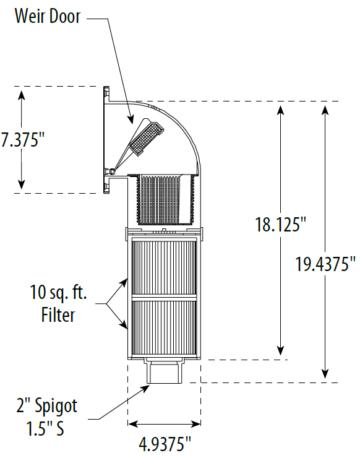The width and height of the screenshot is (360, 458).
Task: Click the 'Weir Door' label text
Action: tap(48, 16)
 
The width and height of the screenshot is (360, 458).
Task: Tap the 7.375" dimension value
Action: tap(22, 140)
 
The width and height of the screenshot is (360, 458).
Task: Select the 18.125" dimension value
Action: tap(281, 224)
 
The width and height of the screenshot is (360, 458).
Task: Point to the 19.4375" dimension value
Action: tap(325, 264)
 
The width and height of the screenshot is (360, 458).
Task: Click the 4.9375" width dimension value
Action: tap(163, 443)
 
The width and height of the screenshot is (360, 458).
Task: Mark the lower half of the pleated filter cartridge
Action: tap(163, 328)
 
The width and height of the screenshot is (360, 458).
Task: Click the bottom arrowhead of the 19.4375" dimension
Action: tap(325, 374)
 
